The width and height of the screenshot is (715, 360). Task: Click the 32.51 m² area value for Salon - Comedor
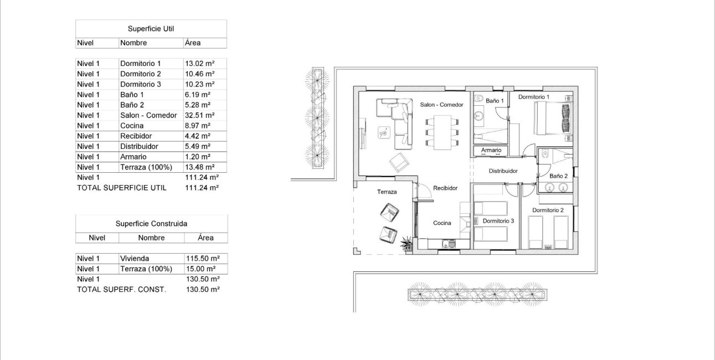tap(199, 115)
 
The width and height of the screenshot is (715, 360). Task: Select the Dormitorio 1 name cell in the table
tap(140, 64)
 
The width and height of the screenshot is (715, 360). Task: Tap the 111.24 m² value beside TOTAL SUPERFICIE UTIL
tap(202, 188)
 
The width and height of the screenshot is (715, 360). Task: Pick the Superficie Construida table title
tap(151, 224)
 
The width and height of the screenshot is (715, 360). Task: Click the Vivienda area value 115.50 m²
tap(202, 259)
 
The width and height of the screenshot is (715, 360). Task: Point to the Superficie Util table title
tap(151, 29)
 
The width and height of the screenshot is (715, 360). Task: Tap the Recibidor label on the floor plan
tap(445, 188)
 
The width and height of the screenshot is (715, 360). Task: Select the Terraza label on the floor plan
tap(387, 192)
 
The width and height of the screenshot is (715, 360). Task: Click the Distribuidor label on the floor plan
tap(503, 171)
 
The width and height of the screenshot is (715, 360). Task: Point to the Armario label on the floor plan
tap(491, 151)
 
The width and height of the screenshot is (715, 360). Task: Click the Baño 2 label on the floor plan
tap(558, 176)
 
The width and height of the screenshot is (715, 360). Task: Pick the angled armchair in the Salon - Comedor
tap(399, 162)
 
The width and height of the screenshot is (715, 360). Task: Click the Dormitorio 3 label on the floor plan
tap(498, 221)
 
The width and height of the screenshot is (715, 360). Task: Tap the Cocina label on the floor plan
tap(442, 223)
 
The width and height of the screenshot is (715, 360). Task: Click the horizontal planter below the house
tap(477, 294)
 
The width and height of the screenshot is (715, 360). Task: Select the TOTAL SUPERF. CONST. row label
tap(121, 290)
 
